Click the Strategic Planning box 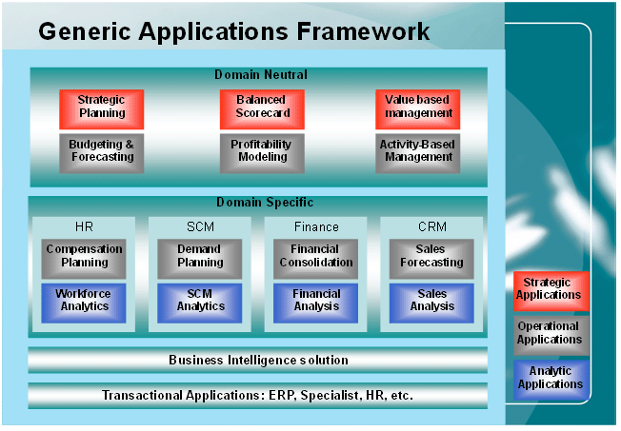coord(101,106)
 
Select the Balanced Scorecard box coord(261,106)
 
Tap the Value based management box coord(418,106)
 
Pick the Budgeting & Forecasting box coord(101,151)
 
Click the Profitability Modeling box coord(261,151)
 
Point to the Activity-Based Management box coord(418,151)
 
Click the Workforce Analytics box coord(84,301)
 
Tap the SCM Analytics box coord(200,301)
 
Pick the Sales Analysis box coord(432,301)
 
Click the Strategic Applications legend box coord(550,289)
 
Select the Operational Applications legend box coord(550,334)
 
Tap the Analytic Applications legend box coord(550,378)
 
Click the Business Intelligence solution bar coord(258,361)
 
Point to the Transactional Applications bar coord(258,395)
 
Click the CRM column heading coord(432,227)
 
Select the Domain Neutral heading coord(260,74)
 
